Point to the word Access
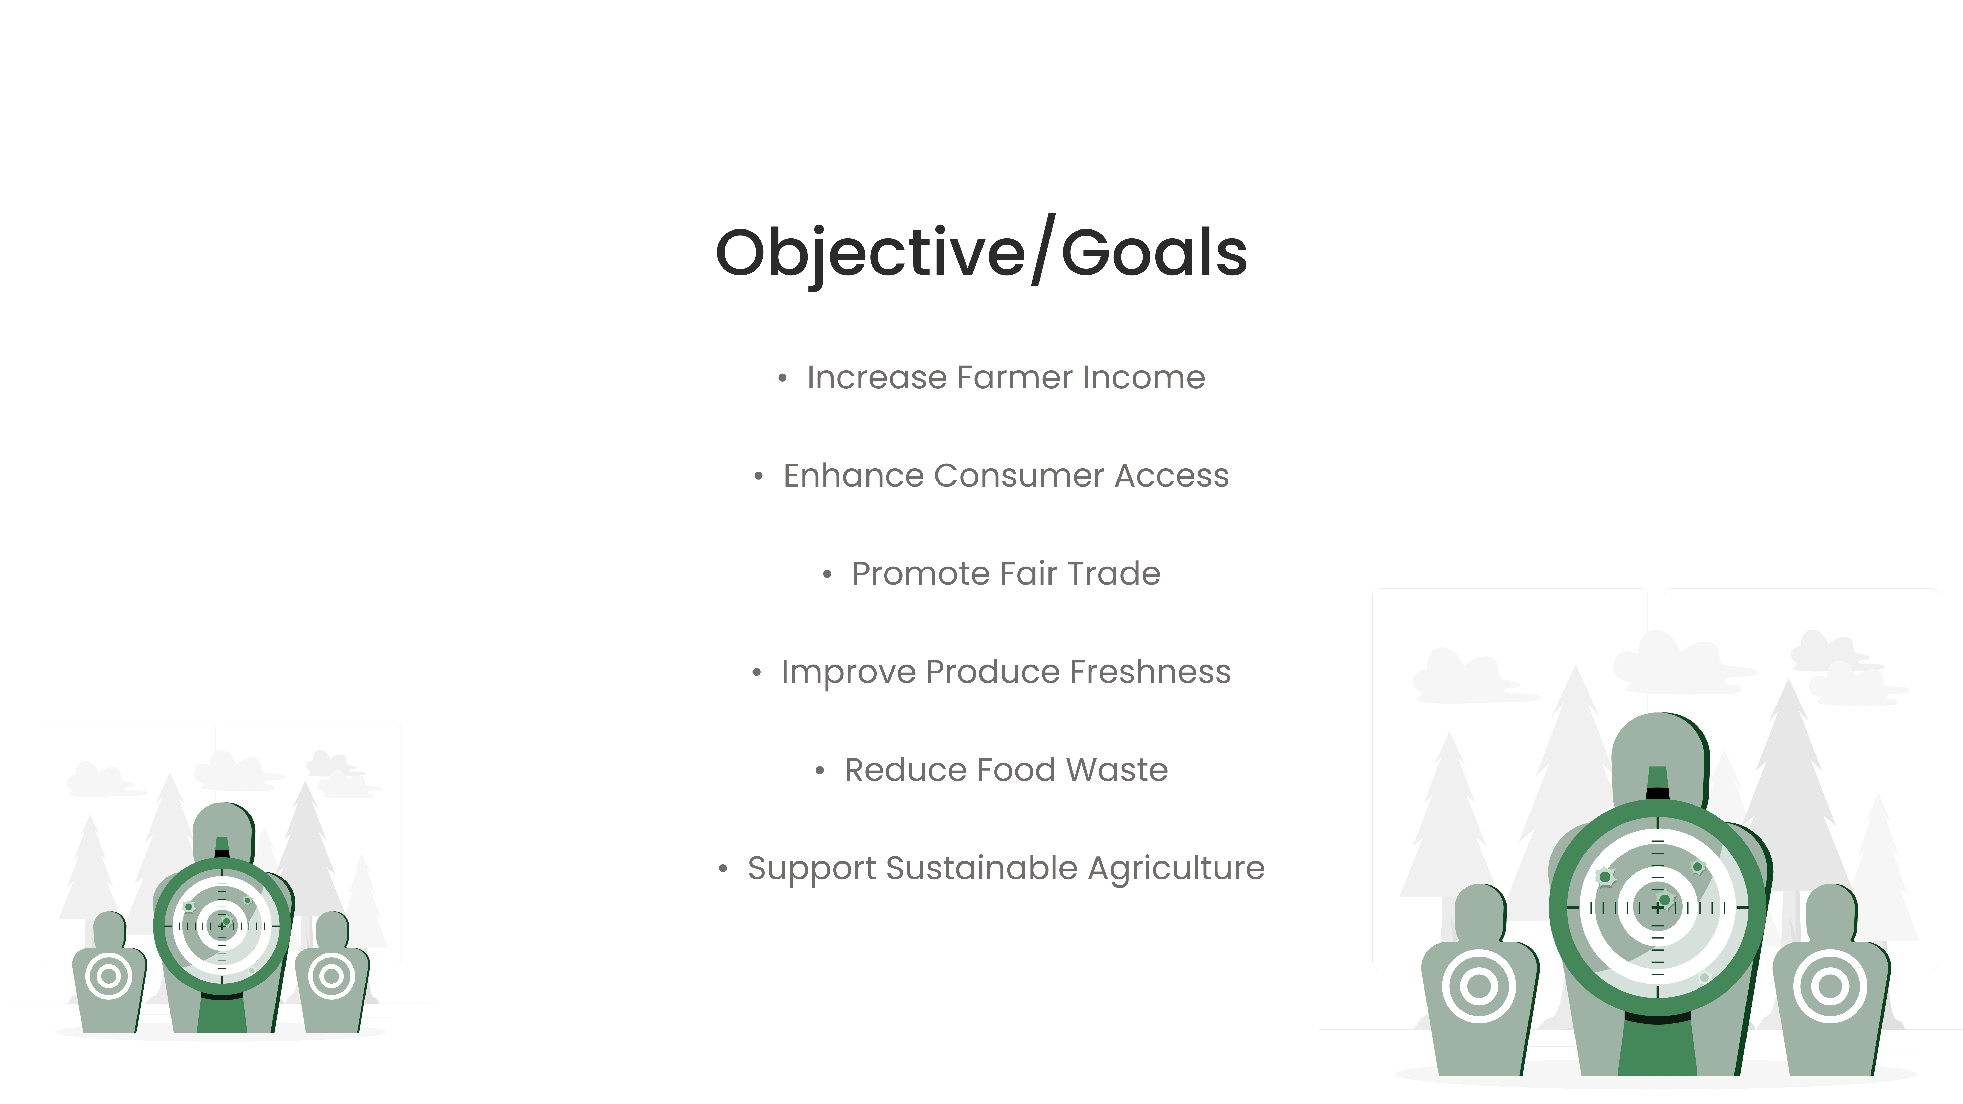tap(1172, 476)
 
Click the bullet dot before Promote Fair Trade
tap(827, 574)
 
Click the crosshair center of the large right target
tap(1657, 907)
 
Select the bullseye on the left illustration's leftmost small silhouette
tap(108, 976)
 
